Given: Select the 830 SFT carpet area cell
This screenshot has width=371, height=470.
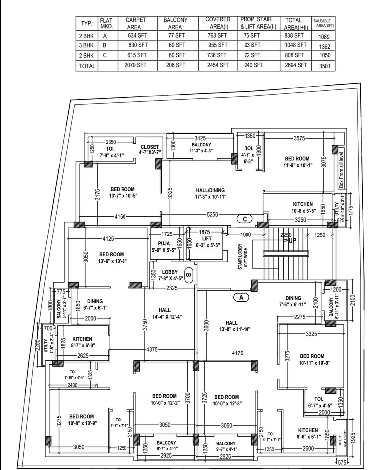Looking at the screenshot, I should tap(136, 45).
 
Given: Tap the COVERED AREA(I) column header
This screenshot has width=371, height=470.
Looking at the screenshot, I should tap(217, 23).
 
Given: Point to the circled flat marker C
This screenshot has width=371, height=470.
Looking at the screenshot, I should tap(245, 219).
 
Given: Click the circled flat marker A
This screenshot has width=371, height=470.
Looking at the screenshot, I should tap(241, 297).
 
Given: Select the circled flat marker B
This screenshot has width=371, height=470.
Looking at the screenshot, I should tap(189, 274).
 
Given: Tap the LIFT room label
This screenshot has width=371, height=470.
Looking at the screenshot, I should tap(207, 238).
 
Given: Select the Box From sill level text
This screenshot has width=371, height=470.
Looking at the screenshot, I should tap(342, 169).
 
